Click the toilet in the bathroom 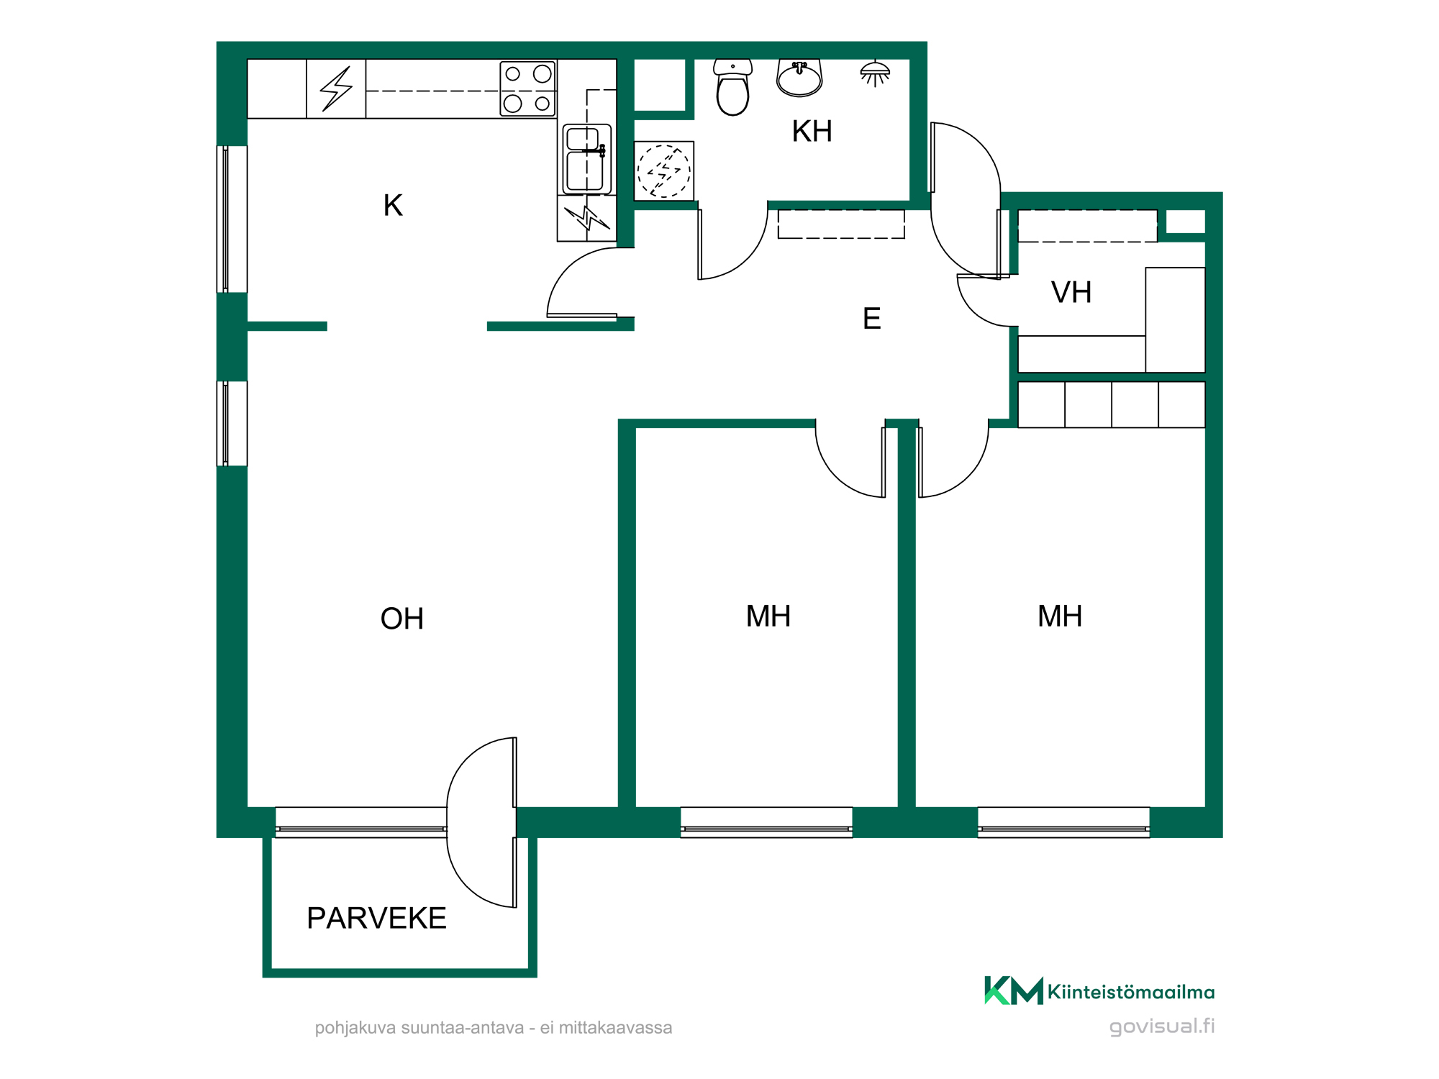tap(732, 87)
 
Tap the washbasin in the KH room tap(799, 78)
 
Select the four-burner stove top tap(528, 88)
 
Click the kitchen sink tap(587, 159)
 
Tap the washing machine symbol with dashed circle tap(664, 171)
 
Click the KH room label tap(812, 132)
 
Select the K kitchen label tap(393, 206)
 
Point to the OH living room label tap(401, 619)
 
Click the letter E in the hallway tap(871, 319)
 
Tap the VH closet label tap(1071, 293)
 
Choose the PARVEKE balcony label tap(376, 919)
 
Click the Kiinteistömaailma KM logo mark tap(1014, 991)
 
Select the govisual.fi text tap(1162, 1026)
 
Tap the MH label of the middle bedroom tap(768, 616)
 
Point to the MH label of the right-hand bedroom tap(1060, 616)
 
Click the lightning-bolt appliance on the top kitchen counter tap(336, 88)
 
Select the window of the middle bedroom tap(766, 822)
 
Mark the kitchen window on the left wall tap(232, 219)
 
